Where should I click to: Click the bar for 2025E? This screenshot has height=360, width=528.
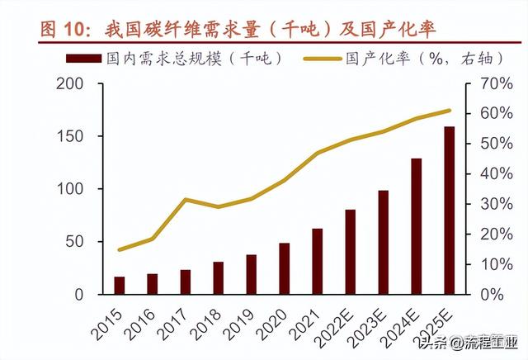pyautogui.click(x=449, y=211)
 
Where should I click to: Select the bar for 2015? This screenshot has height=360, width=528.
pyautogui.click(x=120, y=285)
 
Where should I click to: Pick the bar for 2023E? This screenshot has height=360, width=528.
pyautogui.click(x=384, y=242)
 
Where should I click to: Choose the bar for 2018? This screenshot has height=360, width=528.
pyautogui.click(x=219, y=277)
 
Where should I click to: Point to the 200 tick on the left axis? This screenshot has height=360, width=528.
pyautogui.click(x=72, y=83)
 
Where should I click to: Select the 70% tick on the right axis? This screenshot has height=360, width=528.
pyautogui.click(x=487, y=83)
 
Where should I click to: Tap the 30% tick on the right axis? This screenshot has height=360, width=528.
pyautogui.click(x=487, y=204)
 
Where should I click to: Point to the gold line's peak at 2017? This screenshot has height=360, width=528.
pyautogui.click(x=186, y=200)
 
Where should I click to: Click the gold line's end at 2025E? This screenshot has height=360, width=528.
pyautogui.click(x=449, y=110)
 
